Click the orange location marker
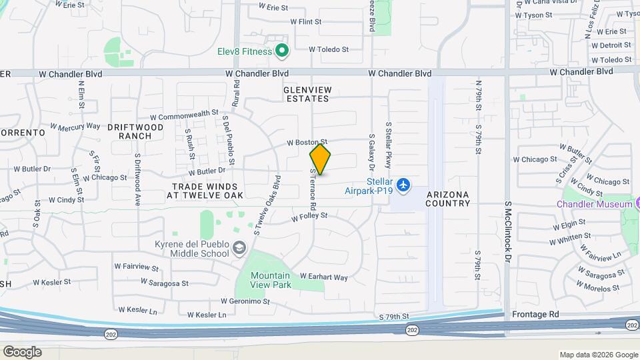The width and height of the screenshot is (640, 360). pyautogui.click(x=320, y=160)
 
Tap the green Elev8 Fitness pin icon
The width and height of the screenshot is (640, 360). pyautogui.click(x=282, y=51)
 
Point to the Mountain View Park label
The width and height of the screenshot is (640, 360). pyautogui.click(x=270, y=280)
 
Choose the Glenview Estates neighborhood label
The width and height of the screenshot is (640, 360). pyautogui.click(x=306, y=94)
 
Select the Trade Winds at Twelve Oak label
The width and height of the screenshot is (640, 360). pyautogui.click(x=207, y=191)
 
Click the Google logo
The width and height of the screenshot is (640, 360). pyautogui.click(x=22, y=351)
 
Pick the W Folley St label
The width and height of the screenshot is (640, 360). pyautogui.click(x=309, y=216)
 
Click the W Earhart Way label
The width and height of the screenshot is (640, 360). pyautogui.click(x=323, y=277)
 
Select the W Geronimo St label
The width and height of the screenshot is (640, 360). pyautogui.click(x=245, y=301)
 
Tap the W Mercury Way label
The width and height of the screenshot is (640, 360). pyautogui.click(x=75, y=126)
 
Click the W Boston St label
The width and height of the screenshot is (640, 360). pyautogui.click(x=307, y=142)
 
